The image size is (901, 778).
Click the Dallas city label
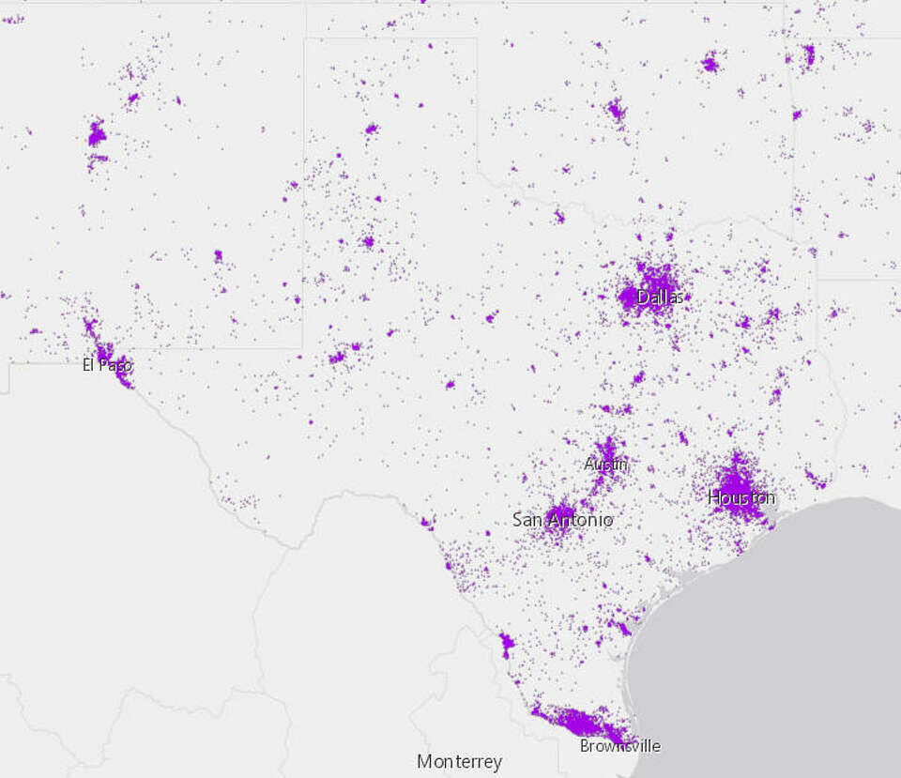coord(660,297)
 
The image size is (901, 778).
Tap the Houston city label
coord(741,497)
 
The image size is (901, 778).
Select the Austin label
coord(605,464)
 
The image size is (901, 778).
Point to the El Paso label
coord(107,365)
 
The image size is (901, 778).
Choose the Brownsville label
coord(619,746)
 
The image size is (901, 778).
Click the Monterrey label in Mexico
coord(459,761)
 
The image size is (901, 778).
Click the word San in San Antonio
coord(527,519)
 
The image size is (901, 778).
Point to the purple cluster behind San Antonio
coord(560,512)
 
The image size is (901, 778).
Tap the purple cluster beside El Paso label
coord(103,351)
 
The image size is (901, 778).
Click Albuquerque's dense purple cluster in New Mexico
coord(96,134)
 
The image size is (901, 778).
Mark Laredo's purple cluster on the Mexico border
coord(507,644)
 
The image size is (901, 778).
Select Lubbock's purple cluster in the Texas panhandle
coord(368,241)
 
